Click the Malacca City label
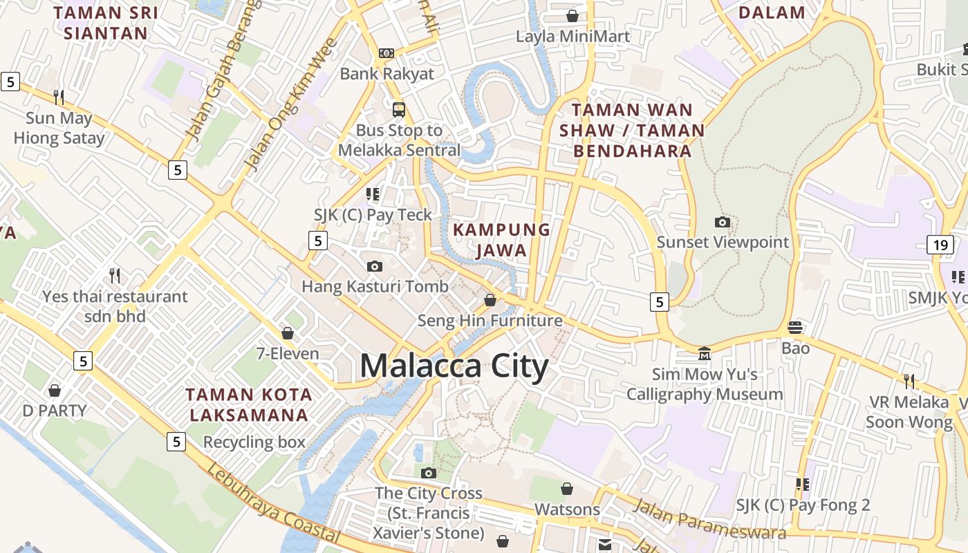pos(454,366)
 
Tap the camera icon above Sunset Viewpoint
pos(722,222)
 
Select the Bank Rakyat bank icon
pos(387,53)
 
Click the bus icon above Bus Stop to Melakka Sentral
pos(399,109)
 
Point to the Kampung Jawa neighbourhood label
pos(501,240)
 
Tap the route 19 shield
pos(940,244)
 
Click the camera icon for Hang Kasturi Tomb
pos(374,266)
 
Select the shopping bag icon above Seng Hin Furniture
pos(490,300)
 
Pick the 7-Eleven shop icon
pos(288,333)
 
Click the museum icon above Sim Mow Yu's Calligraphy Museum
pos(704,353)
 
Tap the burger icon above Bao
pos(795,327)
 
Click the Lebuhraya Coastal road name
pos(272,503)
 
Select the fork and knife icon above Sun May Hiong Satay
pos(59,97)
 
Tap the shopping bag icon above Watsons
pos(567,489)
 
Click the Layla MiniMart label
pos(573,36)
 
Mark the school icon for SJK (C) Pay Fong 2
pos(802,485)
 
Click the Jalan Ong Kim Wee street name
pos(291,104)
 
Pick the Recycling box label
pos(254,442)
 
